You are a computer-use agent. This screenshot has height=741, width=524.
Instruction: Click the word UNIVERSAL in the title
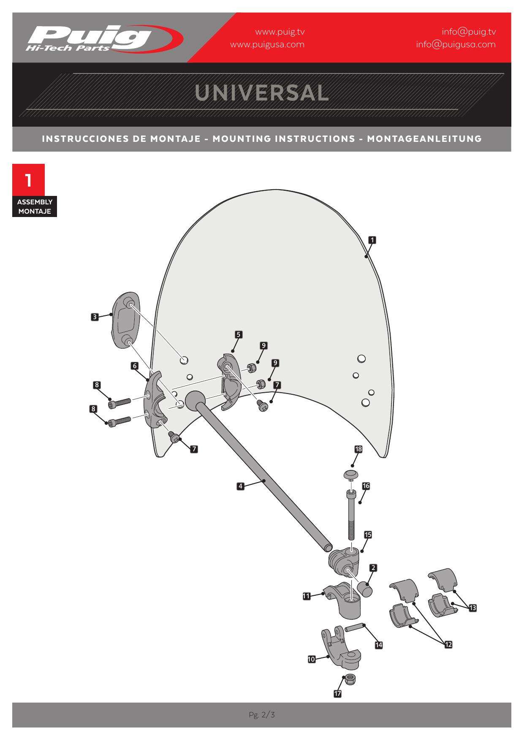[x=262, y=93]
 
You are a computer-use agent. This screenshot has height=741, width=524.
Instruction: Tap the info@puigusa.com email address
[x=456, y=44]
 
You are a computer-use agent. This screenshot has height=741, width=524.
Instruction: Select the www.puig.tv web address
[x=280, y=32]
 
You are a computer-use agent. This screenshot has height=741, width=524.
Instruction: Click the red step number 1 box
[x=28, y=180]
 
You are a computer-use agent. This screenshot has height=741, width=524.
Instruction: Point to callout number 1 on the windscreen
[x=372, y=240]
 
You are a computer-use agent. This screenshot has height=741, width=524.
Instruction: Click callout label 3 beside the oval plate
[x=95, y=317]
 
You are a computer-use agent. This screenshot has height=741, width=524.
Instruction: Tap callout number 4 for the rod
[x=240, y=486]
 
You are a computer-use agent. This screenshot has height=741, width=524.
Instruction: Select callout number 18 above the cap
[x=358, y=449]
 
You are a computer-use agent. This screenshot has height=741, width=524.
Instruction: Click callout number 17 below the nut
[x=337, y=693]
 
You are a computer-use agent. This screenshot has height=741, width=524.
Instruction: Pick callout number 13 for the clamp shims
[x=472, y=608]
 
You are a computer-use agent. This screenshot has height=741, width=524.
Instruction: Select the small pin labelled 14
[x=354, y=628]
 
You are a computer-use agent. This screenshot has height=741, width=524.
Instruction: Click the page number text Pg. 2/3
[x=262, y=715]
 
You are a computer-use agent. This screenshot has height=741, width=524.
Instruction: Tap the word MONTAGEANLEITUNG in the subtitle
[x=424, y=138]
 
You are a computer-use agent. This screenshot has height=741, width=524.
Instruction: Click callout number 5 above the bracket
[x=239, y=335]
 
